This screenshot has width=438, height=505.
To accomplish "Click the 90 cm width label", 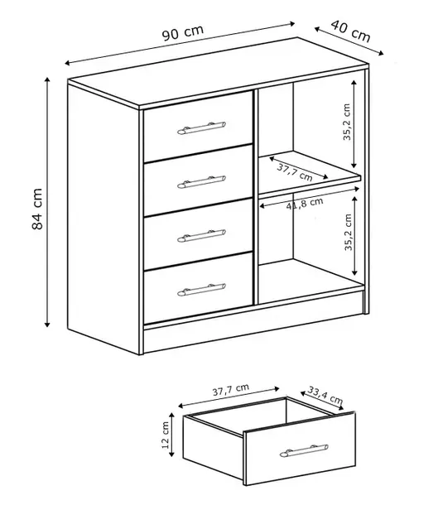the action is pos(183,32).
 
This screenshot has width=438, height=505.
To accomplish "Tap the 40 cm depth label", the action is pos(351,31).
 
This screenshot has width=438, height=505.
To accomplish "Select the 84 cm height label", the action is pos(37,209).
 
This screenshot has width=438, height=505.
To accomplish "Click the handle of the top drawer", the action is pos(201,127).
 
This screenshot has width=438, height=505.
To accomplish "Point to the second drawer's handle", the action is pos(201,182).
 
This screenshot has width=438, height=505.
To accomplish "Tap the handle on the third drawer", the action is pos(201,236).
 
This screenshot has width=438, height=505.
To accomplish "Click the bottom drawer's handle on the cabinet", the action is pos(201,290).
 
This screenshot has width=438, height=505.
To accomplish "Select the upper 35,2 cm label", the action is pos(347,122).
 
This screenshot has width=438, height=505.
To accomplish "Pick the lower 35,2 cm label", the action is pos(349,232).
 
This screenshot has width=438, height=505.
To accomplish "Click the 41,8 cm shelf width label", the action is pos(305,204).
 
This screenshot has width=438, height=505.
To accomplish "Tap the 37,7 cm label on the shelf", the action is pos(295,172).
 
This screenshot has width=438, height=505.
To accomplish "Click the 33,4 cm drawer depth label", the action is pos(325,395).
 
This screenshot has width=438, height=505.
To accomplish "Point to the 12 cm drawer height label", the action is pos(166,435).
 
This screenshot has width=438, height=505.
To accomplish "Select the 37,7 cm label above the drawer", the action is pos(231,390).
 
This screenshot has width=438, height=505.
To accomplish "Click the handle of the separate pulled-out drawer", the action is pos(304,450).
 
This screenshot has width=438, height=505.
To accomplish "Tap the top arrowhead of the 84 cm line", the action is pos(47,79).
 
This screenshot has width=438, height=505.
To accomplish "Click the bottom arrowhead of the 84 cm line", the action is pos(47,325).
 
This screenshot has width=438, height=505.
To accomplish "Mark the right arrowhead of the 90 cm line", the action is pos(292,23).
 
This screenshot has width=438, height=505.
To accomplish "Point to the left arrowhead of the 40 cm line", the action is pos(317,29).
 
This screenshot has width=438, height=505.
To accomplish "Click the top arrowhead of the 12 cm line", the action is pos(171,415).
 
